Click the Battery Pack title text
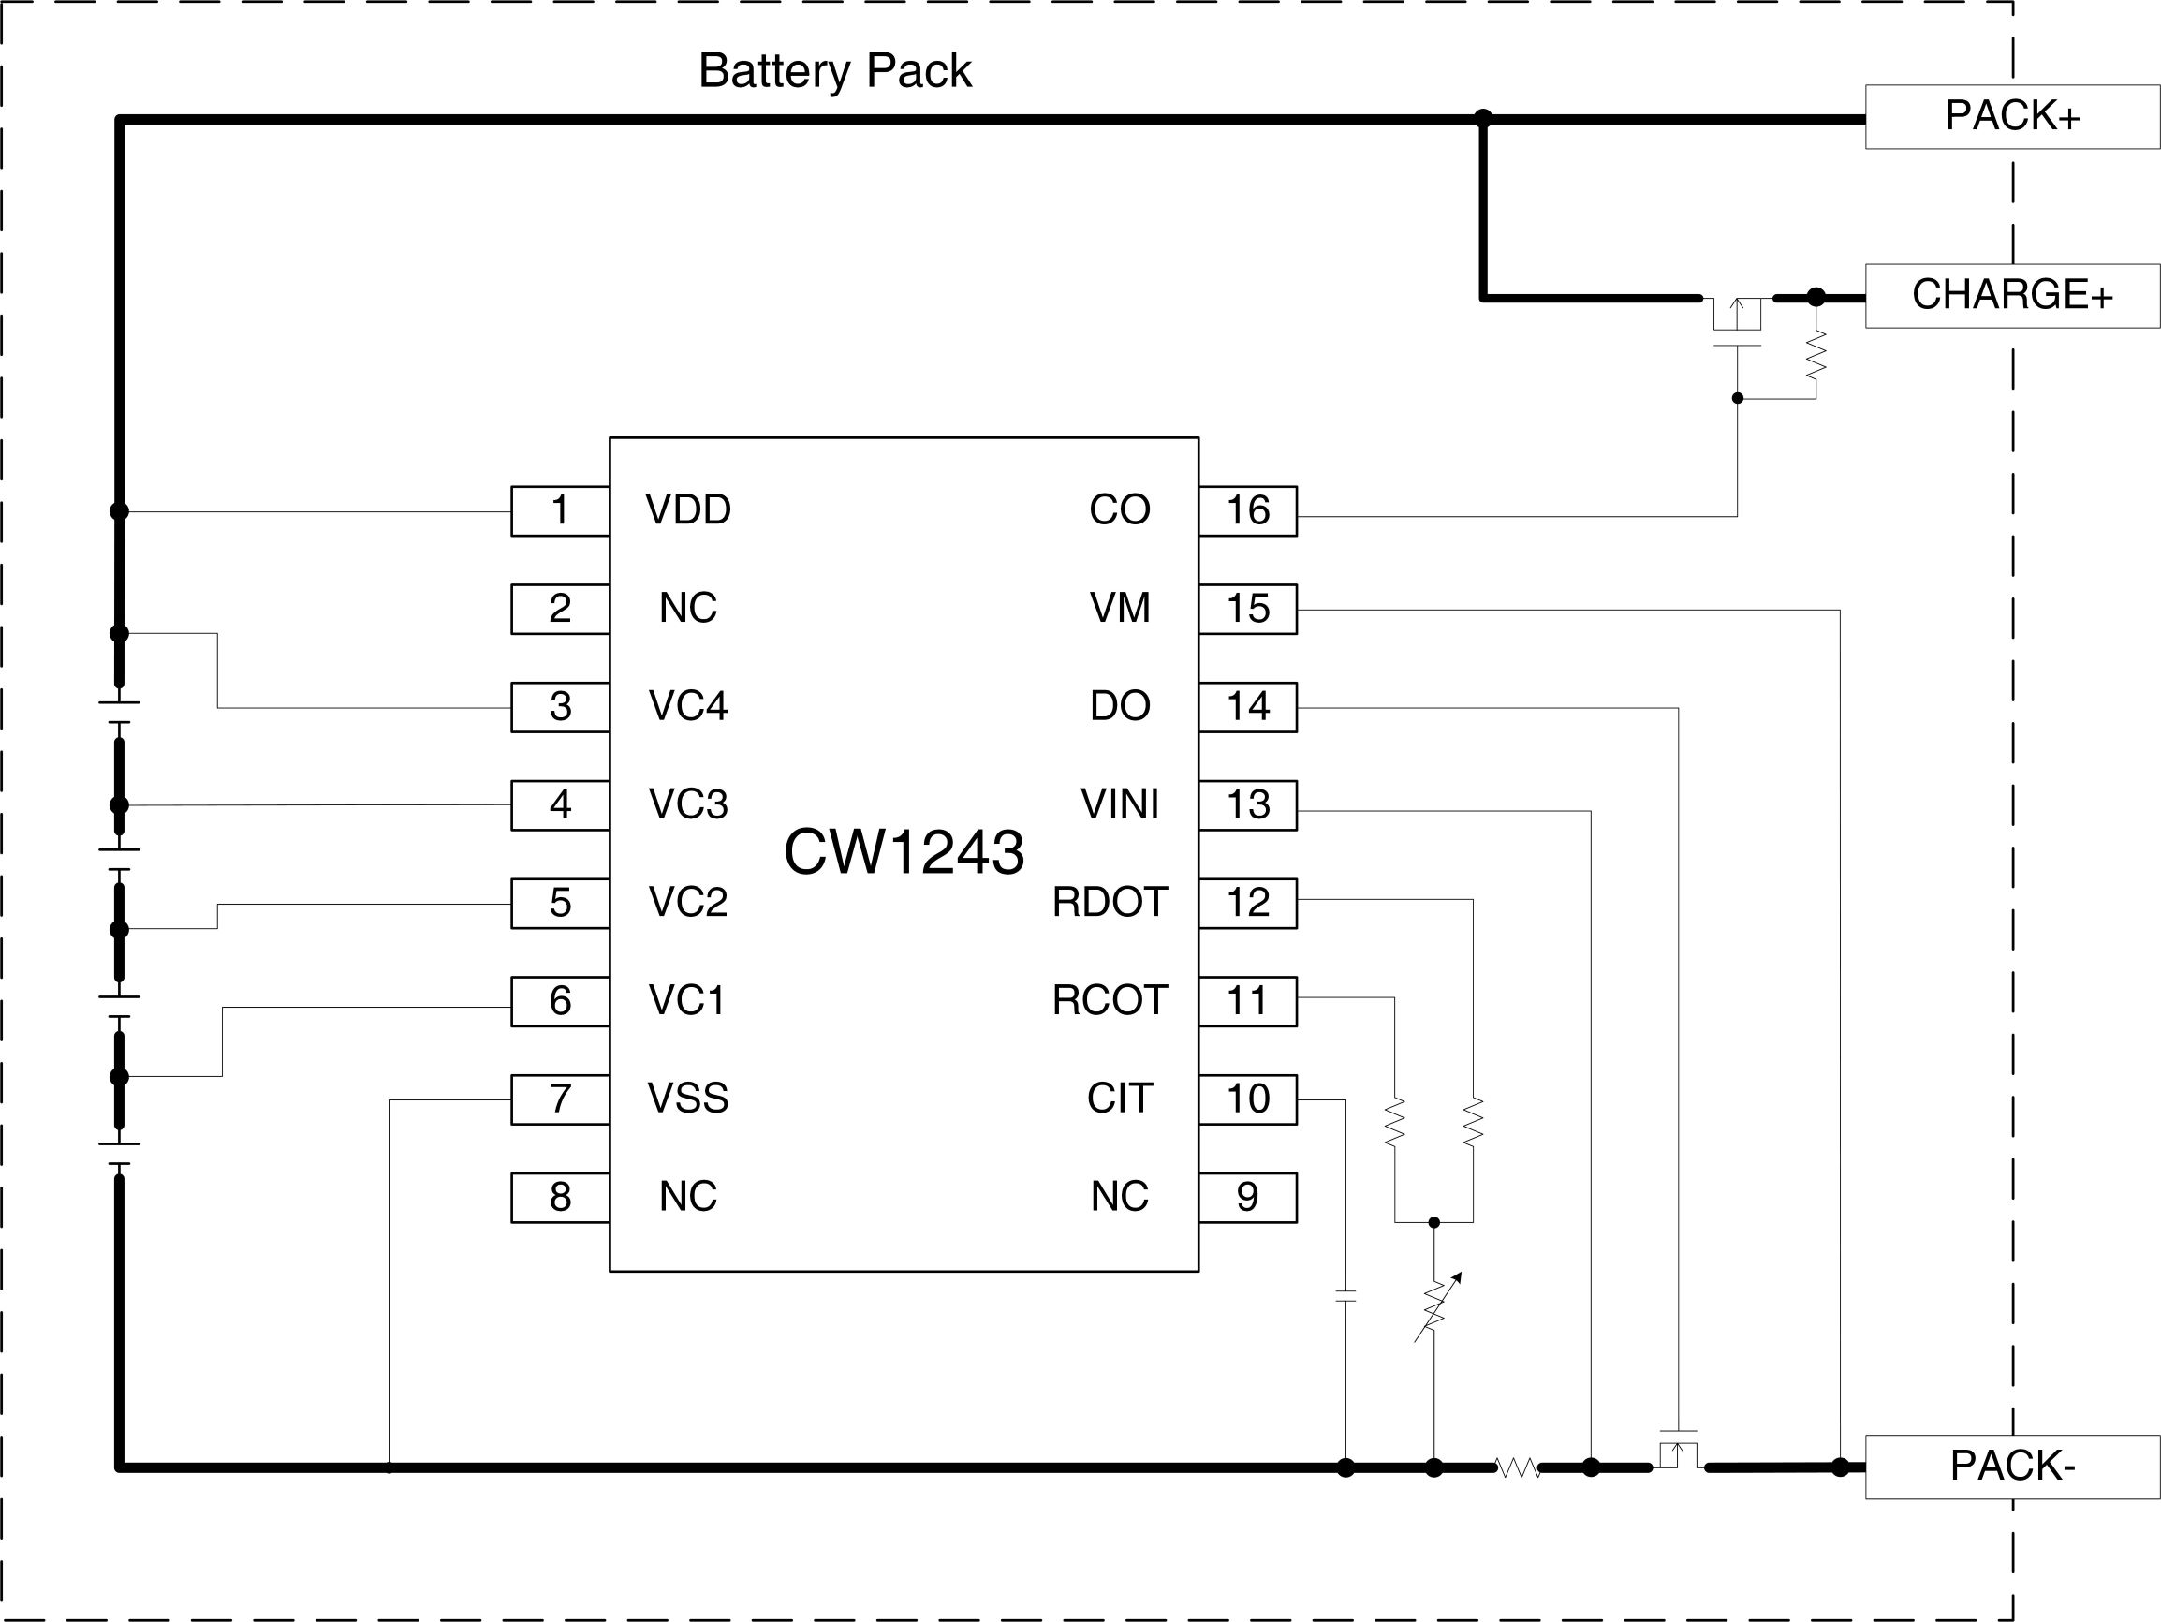(x=834, y=71)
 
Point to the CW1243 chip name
(x=904, y=851)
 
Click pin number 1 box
(x=560, y=510)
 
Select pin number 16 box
(x=1247, y=510)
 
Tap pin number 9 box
(x=1247, y=1197)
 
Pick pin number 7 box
(x=560, y=1099)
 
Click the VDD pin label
(x=688, y=510)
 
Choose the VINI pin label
(x=1120, y=804)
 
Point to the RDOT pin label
(x=1110, y=902)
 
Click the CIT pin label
(x=1120, y=1099)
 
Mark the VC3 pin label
(x=688, y=804)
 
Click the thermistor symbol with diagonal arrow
(x=1435, y=1307)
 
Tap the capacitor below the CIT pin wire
(x=1345, y=1296)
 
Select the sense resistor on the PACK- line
(x=1517, y=1467)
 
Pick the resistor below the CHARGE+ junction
(x=1816, y=355)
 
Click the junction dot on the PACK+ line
(x=1483, y=118)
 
